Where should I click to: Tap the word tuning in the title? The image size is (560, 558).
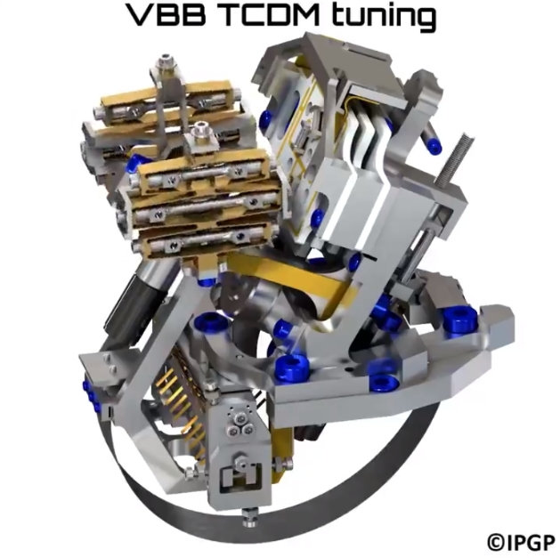click(x=383, y=17)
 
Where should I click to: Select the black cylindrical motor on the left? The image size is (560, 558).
click(x=126, y=307)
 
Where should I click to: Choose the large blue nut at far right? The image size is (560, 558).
click(x=459, y=319)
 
